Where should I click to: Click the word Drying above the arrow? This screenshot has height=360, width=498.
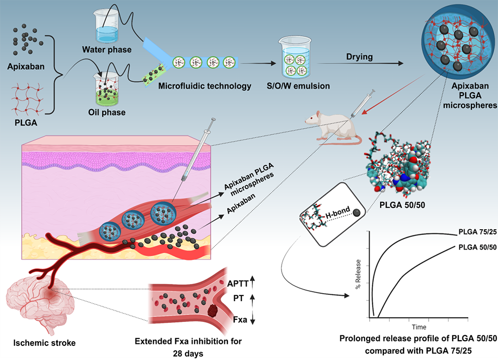tap(359, 57)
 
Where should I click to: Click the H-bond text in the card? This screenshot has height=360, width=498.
tap(330, 209)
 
